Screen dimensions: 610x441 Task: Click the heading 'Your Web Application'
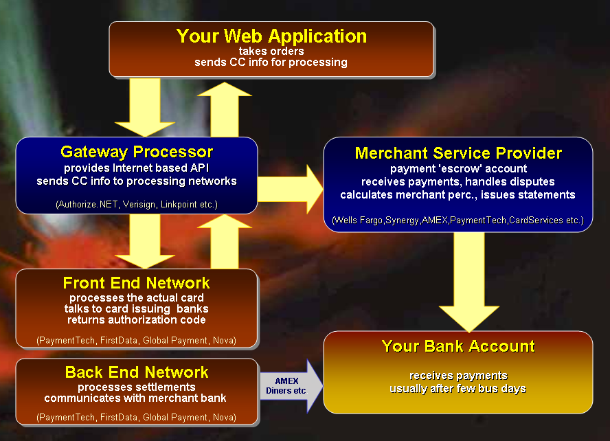[271, 36]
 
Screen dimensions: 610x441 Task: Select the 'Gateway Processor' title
[137, 152]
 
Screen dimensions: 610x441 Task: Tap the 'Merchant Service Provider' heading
[458, 153]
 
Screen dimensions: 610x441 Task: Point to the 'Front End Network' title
[137, 283]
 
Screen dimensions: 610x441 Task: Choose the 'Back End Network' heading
[137, 372]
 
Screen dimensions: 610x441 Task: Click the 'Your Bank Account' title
[458, 346]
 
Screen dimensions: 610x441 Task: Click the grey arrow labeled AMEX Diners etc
[291, 386]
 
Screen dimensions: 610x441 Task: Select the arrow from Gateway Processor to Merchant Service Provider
[290, 190]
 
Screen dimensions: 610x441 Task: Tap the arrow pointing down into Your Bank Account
[469, 282]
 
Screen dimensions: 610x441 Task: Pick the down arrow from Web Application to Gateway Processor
[145, 107]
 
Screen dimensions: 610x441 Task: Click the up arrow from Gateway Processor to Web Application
[225, 109]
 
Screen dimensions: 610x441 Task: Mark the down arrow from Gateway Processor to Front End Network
[145, 241]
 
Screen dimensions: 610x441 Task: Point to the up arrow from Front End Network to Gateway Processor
[225, 242]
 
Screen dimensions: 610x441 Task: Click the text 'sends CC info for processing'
[271, 63]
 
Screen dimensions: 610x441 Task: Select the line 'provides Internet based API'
[137, 168]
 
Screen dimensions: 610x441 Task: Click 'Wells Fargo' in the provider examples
[359, 220]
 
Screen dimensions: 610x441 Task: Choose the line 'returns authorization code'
[137, 319]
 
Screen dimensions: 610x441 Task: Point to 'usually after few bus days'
[458, 389]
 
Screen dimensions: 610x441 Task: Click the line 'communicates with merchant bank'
[135, 398]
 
